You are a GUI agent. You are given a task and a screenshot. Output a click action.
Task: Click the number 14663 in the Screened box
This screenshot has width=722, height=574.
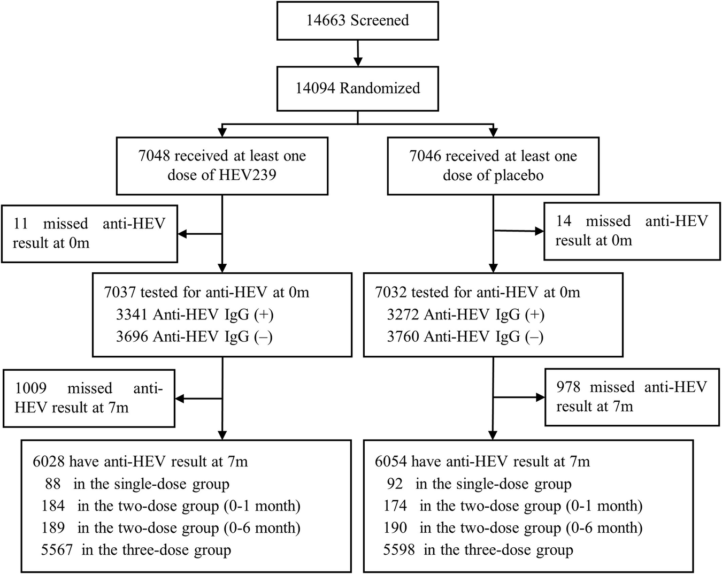point(326,20)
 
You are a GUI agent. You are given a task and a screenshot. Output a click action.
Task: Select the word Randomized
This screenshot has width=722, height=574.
point(380,88)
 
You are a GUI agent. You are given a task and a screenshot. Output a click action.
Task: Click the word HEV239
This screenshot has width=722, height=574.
point(248,175)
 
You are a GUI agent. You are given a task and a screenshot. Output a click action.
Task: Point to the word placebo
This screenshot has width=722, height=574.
point(518,175)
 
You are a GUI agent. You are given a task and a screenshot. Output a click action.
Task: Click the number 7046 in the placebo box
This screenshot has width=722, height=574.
point(425,156)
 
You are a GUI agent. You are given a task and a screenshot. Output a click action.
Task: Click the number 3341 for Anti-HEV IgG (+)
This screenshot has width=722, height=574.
point(132,315)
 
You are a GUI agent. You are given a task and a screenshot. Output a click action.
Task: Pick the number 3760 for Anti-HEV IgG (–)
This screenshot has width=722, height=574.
point(403,336)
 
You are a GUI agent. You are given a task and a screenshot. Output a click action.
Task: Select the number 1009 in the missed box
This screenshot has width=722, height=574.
point(31,388)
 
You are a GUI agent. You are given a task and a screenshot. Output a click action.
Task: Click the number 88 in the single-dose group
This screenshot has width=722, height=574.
point(53,484)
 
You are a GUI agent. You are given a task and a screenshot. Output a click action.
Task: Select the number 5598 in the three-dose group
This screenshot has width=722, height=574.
point(399,550)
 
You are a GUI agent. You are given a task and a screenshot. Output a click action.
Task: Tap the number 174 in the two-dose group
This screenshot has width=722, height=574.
point(395,506)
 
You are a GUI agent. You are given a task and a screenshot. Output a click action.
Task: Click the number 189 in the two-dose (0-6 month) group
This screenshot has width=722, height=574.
point(53,528)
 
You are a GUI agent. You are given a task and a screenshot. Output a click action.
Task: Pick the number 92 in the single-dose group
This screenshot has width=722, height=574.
point(396,484)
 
